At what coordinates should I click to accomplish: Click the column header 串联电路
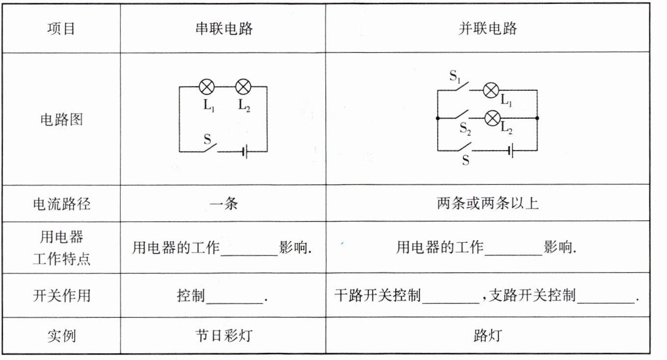click(223, 28)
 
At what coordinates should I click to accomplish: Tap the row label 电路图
click(61, 119)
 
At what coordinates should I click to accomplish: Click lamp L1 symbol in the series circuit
click(207, 87)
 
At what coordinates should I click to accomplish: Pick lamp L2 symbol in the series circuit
click(243, 87)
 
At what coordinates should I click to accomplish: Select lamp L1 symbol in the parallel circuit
click(491, 90)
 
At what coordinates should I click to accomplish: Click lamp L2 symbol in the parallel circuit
click(492, 118)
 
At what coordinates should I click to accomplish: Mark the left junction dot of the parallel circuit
click(437, 118)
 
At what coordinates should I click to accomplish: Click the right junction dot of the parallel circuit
click(537, 118)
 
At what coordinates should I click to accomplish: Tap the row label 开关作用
click(61, 296)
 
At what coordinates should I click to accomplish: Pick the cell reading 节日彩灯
click(223, 336)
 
